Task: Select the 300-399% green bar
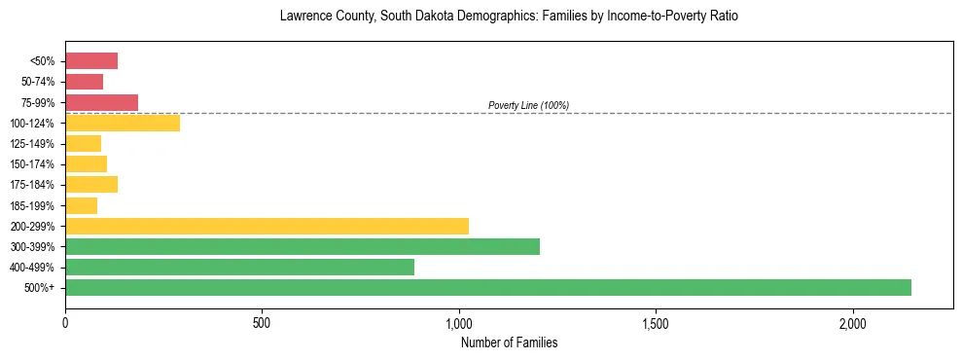click(303, 246)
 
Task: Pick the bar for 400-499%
click(239, 267)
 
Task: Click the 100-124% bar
click(123, 123)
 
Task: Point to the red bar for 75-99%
click(101, 102)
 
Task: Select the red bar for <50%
click(91, 61)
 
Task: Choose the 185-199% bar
click(81, 205)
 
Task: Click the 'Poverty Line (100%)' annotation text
click(528, 105)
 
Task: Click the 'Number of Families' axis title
click(509, 342)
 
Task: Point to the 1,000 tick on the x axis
click(459, 323)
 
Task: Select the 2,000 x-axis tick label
click(853, 323)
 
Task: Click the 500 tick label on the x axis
click(262, 323)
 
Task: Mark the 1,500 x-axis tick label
click(656, 323)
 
